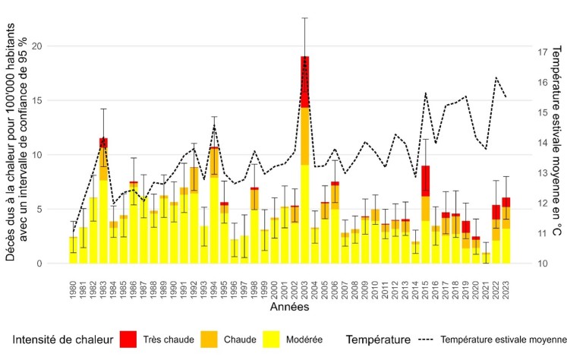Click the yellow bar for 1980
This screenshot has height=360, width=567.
tap(73, 250)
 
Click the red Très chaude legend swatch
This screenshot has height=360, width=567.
tap(150, 340)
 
